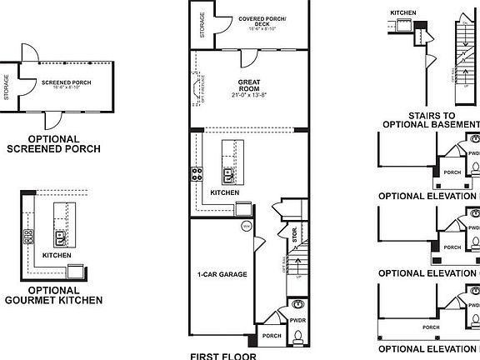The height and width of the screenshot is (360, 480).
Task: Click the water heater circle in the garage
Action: click(x=246, y=225)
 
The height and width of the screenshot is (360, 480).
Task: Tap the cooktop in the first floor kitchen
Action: click(x=197, y=174)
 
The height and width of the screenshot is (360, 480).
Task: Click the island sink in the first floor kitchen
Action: click(x=228, y=175)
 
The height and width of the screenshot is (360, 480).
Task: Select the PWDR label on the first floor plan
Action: click(x=297, y=320)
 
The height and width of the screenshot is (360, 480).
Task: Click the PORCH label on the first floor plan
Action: click(x=272, y=337)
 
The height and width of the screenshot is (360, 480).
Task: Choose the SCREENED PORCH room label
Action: click(x=66, y=82)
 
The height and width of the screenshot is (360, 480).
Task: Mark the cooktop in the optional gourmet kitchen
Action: click(x=27, y=235)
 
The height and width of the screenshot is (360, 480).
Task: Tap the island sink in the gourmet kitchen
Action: click(x=60, y=234)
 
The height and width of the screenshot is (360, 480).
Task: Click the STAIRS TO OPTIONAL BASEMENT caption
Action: click(x=431, y=121)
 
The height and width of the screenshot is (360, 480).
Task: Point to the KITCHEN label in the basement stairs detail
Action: click(x=403, y=13)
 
